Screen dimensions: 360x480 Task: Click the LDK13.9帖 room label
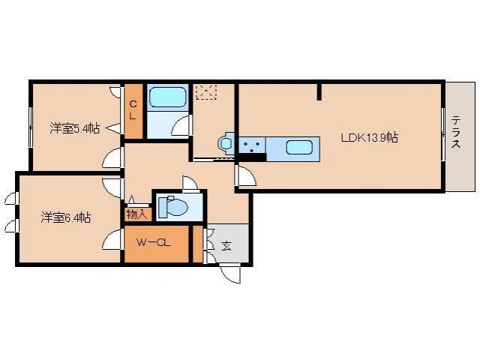point(369,138)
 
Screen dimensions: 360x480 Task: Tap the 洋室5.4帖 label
point(75,128)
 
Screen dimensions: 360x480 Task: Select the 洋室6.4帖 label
point(66,217)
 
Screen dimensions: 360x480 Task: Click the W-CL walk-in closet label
point(156,243)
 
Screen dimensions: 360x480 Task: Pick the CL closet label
point(133,110)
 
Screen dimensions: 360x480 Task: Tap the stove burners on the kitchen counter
point(251,145)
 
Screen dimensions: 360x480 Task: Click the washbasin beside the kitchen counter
point(226,142)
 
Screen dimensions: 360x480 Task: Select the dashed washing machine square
point(205,92)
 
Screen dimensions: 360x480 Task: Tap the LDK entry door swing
point(245,176)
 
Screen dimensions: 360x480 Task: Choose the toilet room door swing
point(190,184)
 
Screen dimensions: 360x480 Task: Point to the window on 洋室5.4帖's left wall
point(31,127)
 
